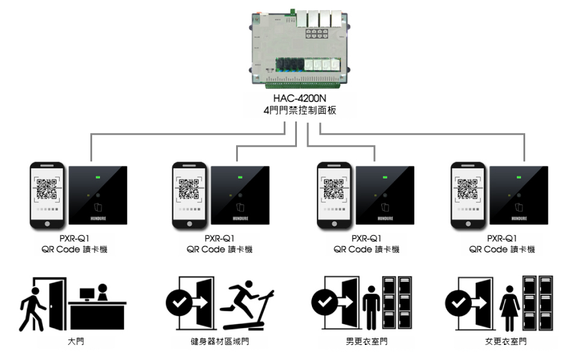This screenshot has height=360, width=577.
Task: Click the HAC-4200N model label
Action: tap(300, 99)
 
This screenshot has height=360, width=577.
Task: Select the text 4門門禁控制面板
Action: tap(300, 111)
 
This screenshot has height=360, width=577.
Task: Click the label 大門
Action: tap(72, 343)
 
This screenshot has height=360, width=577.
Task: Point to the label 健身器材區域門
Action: tap(220, 343)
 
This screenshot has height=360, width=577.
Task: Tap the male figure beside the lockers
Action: tap(371, 306)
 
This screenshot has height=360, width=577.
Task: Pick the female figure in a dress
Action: tap(510, 306)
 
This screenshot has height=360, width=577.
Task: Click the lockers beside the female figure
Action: tap(537, 304)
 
